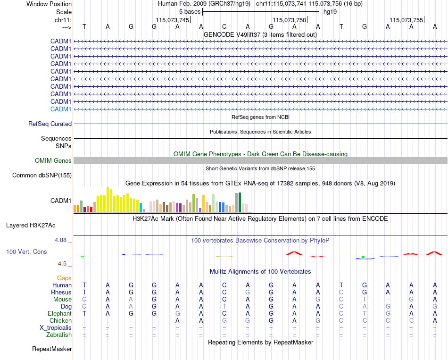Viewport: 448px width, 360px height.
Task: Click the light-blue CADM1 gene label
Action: tap(61, 109)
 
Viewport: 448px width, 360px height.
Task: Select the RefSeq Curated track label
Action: tap(50, 124)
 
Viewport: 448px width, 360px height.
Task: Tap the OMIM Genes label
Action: tap(53, 161)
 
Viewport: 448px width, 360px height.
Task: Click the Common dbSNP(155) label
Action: tap(42, 176)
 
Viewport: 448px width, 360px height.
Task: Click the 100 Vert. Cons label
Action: tap(26, 252)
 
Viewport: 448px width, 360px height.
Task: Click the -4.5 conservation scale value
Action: tap(62, 264)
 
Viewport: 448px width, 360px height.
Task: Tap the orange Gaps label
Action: tap(64, 278)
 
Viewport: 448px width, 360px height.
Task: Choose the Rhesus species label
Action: tap(61, 293)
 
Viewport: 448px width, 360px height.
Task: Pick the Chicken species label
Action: tap(60, 321)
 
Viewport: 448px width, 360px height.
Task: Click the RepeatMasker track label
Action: tap(52, 349)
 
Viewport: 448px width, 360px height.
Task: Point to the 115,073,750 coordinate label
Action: tap(289, 20)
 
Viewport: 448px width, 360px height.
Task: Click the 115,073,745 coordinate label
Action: tap(172, 20)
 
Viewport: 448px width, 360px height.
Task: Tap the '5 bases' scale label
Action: tap(190, 11)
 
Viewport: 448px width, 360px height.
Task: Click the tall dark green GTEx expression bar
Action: tap(240, 202)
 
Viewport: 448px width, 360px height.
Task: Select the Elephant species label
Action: tap(59, 314)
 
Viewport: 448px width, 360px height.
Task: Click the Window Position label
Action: tap(49, 4)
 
